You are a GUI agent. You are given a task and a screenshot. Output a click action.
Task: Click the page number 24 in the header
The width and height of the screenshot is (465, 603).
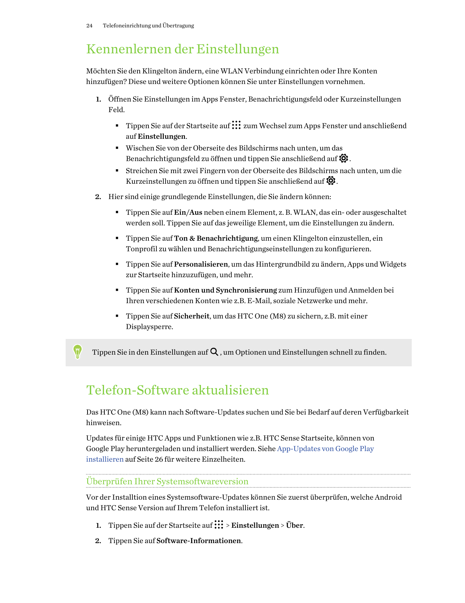click(89, 26)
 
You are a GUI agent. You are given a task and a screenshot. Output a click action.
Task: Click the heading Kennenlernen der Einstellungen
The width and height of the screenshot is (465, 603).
click(182, 49)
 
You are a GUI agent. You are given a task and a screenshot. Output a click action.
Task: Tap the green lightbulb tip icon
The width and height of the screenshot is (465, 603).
click(77, 352)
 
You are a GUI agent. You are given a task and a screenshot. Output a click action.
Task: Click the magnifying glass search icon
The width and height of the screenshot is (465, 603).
click(214, 352)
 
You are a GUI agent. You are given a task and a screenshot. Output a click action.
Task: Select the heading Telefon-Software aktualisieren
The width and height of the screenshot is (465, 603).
click(177, 390)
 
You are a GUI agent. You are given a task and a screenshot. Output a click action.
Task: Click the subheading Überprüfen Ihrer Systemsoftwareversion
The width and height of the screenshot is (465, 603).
click(167, 481)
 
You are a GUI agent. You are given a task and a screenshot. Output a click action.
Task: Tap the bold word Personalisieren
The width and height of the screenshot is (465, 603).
click(201, 264)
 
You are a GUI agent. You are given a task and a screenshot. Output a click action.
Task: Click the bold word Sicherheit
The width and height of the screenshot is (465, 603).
click(192, 316)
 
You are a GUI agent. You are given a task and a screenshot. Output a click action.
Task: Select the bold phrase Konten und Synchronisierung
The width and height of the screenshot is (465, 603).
click(225, 290)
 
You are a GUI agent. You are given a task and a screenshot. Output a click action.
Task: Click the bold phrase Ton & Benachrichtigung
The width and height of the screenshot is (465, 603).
click(216, 238)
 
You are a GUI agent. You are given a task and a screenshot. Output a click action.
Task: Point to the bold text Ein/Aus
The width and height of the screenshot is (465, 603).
click(188, 213)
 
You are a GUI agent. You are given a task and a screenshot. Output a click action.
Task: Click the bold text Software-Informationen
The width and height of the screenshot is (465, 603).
click(199, 541)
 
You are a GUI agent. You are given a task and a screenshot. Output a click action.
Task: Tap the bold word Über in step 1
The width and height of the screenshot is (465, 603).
click(295, 526)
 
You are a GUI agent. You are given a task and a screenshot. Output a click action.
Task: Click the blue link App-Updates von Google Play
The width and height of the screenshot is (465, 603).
click(325, 449)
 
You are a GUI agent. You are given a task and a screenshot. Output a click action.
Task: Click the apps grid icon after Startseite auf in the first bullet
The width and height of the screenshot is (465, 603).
click(236, 125)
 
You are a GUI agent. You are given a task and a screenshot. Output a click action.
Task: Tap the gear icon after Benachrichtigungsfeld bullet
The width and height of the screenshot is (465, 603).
click(344, 159)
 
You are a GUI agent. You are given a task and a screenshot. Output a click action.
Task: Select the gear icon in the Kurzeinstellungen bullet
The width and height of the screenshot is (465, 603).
click(331, 181)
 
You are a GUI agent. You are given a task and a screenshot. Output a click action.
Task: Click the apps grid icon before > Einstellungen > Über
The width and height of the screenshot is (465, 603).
click(219, 525)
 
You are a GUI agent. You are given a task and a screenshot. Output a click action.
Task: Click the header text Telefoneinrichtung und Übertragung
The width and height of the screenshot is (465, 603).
click(148, 26)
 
